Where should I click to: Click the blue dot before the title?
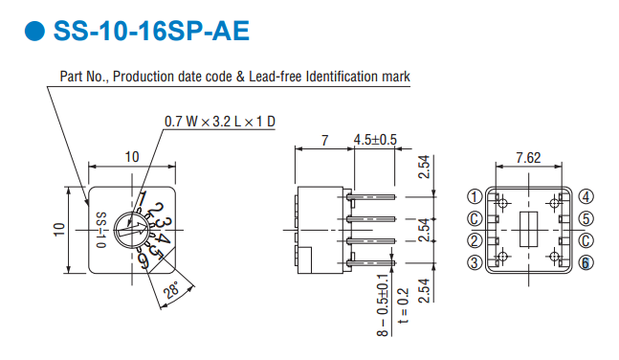pyautogui.click(x=34, y=31)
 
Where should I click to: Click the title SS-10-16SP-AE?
pyautogui.click(x=151, y=31)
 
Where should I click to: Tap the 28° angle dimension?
pyautogui.click(x=172, y=291)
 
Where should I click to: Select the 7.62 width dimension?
pyautogui.click(x=528, y=158)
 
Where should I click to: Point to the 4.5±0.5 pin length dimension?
pyautogui.click(x=375, y=140)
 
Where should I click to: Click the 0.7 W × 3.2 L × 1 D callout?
pyautogui.click(x=220, y=122)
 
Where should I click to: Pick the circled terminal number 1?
pyautogui.click(x=475, y=197)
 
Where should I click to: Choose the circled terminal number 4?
pyautogui.click(x=586, y=197)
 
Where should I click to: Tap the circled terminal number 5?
pyautogui.click(x=586, y=218)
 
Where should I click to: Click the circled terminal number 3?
pyautogui.click(x=475, y=262)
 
